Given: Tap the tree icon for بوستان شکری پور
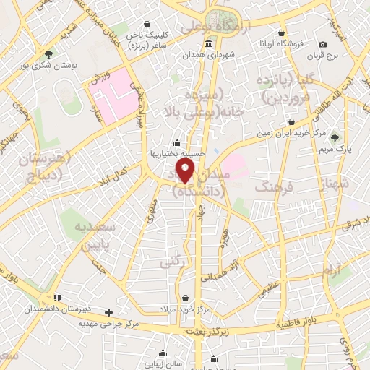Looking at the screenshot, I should [x=48, y=53].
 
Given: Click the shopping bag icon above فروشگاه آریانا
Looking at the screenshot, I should [x=282, y=32].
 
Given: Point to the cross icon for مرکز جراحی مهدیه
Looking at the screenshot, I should [x=108, y=312].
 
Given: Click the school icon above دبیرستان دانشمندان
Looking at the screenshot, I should [x=56, y=296].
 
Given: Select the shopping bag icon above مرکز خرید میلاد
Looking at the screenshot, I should [x=186, y=298].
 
